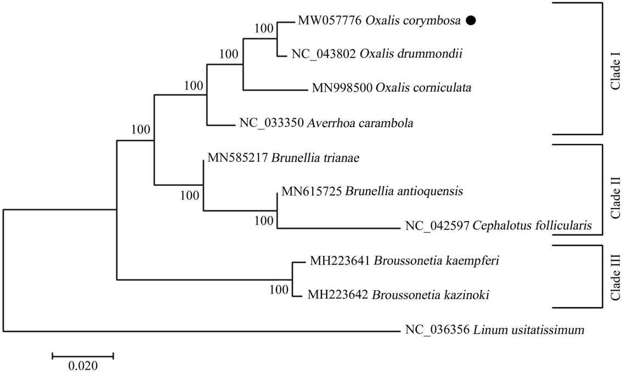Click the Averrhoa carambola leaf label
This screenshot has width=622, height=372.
326,123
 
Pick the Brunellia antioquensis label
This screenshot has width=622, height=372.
372,191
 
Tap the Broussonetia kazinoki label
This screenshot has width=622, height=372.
398,296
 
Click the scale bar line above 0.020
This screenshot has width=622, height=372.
83,356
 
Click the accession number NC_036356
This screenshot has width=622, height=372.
431,330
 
